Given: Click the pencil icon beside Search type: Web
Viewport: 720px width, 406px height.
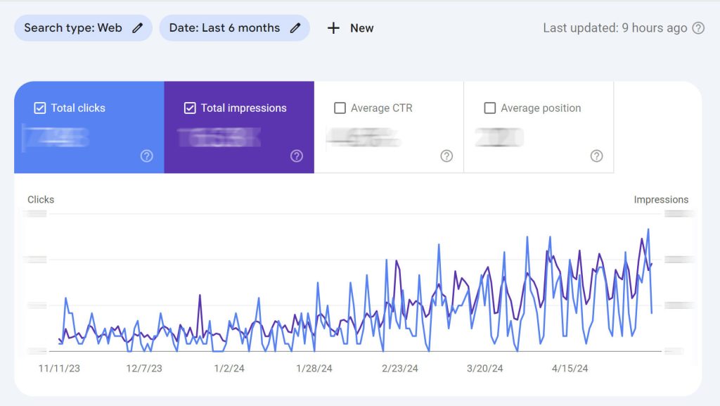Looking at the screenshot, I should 138,28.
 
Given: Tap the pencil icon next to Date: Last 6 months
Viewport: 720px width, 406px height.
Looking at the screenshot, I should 295,28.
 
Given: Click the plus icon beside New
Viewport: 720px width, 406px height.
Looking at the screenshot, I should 333,28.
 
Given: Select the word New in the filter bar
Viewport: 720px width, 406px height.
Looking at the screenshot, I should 361,28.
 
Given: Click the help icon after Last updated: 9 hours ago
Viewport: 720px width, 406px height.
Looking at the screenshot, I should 698,28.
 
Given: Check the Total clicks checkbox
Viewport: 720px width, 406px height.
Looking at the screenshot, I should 40,108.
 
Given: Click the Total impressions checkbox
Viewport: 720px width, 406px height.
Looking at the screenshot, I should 190,108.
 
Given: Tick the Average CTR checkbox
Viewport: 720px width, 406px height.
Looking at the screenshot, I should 340,108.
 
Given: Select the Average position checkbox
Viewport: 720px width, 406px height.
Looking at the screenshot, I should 490,108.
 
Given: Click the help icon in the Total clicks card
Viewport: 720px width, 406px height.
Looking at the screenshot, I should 146,156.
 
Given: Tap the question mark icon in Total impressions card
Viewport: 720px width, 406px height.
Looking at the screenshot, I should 297,156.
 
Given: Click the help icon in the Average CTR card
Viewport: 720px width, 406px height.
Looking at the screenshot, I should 446,156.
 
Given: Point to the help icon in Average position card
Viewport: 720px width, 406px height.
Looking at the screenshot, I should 596,156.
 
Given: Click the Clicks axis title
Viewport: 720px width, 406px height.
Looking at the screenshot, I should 41,200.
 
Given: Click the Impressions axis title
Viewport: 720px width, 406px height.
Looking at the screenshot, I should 661,200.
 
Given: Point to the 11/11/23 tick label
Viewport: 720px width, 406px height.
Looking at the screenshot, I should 59,369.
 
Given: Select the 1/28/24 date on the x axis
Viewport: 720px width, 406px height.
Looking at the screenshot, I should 314,369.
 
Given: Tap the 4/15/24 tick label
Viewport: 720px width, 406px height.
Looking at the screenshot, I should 570,369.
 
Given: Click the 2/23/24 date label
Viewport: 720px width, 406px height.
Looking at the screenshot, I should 400,369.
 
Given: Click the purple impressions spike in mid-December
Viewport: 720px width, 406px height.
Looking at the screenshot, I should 200,296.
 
